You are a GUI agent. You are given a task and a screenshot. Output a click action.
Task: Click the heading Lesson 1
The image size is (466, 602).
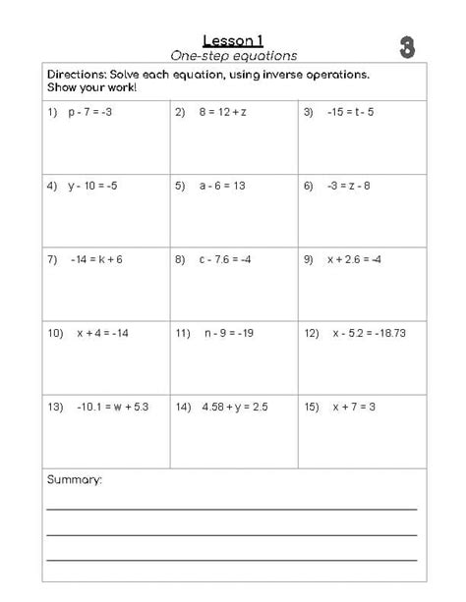tap(234, 40)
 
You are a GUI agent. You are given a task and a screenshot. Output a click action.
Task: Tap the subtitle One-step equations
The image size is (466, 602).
tap(234, 56)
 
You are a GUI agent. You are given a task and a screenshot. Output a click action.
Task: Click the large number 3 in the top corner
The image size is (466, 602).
tap(407, 47)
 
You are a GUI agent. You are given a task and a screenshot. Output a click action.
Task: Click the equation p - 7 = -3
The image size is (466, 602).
tap(90, 112)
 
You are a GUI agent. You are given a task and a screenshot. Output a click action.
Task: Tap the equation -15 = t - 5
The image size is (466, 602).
tap(351, 112)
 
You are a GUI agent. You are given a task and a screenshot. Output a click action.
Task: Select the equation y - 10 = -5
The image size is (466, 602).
tap(93, 185)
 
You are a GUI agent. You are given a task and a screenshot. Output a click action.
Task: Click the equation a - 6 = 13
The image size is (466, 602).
tap(223, 185)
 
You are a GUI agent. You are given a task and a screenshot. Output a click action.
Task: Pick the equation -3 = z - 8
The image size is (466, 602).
tap(349, 185)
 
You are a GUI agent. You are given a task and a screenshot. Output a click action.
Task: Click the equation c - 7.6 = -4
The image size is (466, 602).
tap(227, 259)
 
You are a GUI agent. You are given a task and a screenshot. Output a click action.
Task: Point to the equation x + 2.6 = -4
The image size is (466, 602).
tap(355, 259)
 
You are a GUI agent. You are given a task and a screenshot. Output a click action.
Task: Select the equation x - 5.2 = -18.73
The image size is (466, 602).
tap(370, 333)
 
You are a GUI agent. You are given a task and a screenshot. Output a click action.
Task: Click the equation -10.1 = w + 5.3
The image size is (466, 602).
tap(111, 407)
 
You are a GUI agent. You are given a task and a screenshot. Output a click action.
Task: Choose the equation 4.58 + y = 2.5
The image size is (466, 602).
tap(235, 407)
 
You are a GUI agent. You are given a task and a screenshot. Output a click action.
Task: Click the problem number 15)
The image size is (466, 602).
tap(313, 407)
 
